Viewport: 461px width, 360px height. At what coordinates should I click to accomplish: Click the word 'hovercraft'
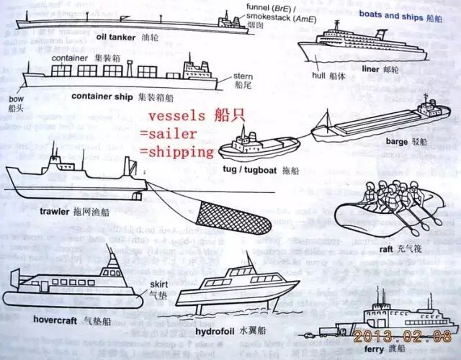click(x=39, y=319)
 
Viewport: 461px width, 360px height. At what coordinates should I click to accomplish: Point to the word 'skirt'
click(x=158, y=284)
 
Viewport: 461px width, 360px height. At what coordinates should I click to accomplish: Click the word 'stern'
click(x=243, y=76)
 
